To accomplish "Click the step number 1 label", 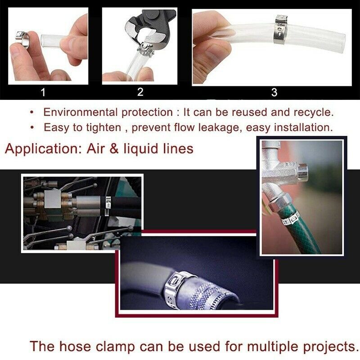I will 43,93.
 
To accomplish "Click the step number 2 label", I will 140,92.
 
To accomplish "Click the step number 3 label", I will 274,93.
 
